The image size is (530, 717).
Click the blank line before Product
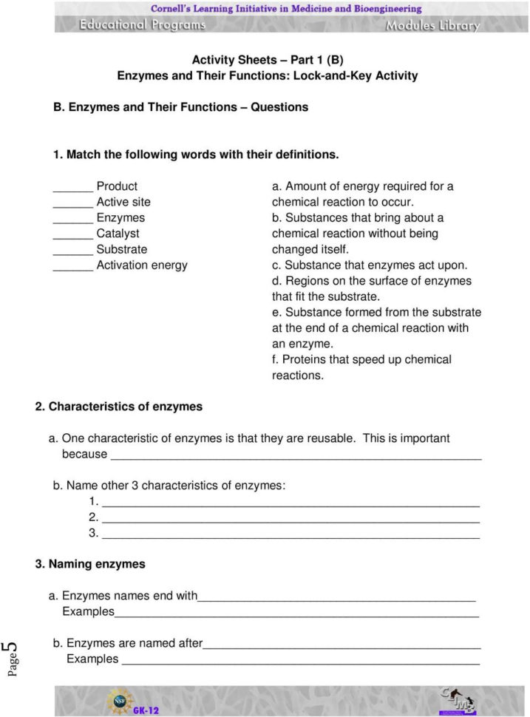click(x=72, y=188)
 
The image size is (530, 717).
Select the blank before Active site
click(x=72, y=203)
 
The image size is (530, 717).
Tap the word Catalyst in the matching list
click(x=118, y=234)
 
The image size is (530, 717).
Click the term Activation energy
click(x=142, y=265)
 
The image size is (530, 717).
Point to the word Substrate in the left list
click(x=121, y=249)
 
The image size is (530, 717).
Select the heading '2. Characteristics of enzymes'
click(x=119, y=407)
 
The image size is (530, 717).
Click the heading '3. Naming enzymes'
click(x=90, y=564)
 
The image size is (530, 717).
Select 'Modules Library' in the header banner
click(x=432, y=25)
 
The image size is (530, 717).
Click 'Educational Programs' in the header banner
click(x=143, y=24)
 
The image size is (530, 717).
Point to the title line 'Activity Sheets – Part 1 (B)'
click(x=267, y=60)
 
